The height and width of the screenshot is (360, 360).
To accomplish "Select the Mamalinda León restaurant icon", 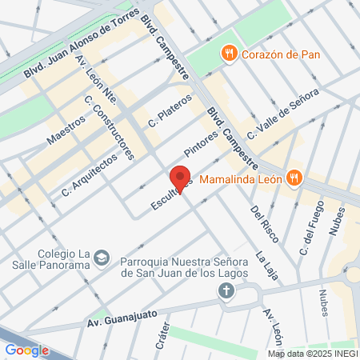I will [x=294, y=178].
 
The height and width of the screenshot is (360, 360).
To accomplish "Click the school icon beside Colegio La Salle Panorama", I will [x=102, y=257].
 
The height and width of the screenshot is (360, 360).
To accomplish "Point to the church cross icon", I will [x=227, y=293].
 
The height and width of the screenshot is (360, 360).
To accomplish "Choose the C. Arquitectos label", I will [x=89, y=175].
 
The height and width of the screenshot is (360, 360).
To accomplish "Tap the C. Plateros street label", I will [x=170, y=111].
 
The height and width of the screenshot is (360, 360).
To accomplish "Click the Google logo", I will [x=27, y=350].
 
